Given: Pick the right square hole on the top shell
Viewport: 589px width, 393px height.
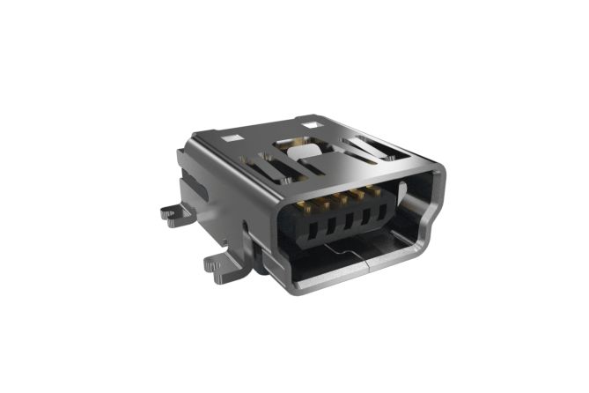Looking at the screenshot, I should click(x=310, y=127).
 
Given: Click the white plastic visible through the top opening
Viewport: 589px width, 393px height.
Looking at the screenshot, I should click(x=301, y=152).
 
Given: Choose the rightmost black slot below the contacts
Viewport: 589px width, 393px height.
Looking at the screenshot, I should click(x=380, y=210).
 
